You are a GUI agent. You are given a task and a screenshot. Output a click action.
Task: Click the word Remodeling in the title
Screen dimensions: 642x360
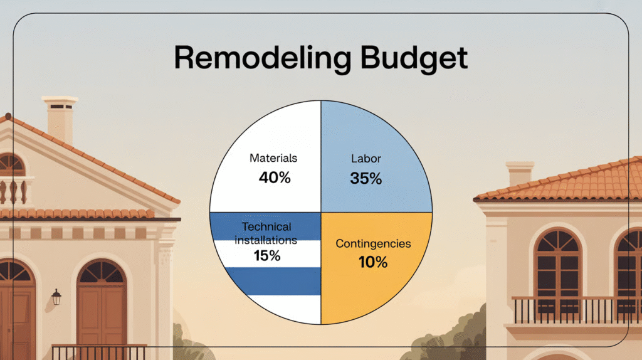(263, 58)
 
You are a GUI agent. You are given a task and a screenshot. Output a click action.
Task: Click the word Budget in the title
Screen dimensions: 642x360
(414, 58)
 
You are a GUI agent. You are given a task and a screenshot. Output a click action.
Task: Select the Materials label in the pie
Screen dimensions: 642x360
(273, 158)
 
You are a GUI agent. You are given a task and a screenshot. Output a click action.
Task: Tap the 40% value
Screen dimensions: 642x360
(275, 177)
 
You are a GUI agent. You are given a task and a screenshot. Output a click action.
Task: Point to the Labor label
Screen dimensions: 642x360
(366, 159)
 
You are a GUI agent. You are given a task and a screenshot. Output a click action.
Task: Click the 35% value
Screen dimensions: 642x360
(366, 178)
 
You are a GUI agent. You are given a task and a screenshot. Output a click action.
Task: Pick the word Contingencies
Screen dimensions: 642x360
(374, 244)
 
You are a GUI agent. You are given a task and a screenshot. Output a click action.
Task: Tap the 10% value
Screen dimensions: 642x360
(373, 262)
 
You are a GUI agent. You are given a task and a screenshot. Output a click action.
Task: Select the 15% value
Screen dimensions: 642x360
(267, 256)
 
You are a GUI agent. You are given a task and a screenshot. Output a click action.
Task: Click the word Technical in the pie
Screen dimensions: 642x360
(266, 226)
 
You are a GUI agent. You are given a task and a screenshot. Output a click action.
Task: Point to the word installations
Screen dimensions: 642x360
(266, 240)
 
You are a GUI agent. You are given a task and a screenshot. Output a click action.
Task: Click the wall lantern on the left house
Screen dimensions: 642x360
(56, 297)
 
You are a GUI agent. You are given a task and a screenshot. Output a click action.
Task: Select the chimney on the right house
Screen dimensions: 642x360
(520, 174)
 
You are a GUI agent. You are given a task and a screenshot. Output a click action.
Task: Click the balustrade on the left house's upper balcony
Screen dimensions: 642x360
(14, 191)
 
